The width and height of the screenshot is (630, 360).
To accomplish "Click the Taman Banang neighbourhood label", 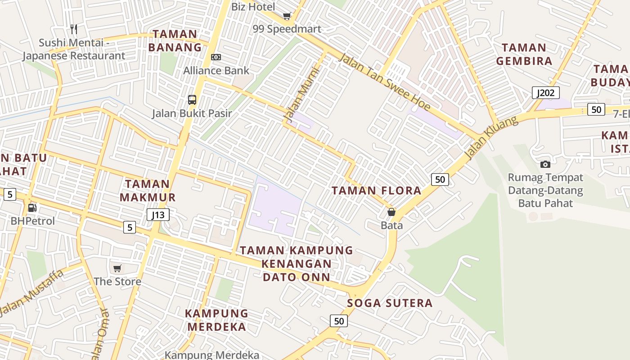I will click(x=175, y=40).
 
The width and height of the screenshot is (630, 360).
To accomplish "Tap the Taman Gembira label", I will click(x=524, y=54).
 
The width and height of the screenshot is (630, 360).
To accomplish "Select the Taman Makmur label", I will click(x=148, y=190).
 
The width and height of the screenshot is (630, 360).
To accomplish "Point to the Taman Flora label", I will click(x=377, y=190).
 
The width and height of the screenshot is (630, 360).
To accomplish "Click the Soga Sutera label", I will click(x=390, y=303).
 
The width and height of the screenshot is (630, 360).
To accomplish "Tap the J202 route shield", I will click(x=546, y=93).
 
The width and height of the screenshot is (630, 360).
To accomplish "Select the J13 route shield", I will click(x=158, y=215).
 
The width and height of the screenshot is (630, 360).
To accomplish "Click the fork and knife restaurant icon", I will click(x=74, y=29).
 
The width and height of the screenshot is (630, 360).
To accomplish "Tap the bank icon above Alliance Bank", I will click(x=216, y=57).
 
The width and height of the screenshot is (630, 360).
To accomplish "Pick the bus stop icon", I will click(x=192, y=99).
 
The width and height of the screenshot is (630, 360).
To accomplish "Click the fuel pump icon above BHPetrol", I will click(x=32, y=208).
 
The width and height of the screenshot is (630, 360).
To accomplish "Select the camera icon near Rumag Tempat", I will click(x=545, y=164).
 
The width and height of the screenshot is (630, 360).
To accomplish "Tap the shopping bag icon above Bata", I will click(x=391, y=212).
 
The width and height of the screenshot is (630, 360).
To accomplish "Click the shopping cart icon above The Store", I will click(x=117, y=269).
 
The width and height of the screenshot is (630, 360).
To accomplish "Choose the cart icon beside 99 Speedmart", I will click(x=287, y=16).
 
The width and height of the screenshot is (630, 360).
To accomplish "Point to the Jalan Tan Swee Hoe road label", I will click(x=384, y=82).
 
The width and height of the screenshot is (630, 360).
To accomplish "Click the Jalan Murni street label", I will click(x=301, y=93).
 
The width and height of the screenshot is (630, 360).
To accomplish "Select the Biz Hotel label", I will click(x=253, y=7).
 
